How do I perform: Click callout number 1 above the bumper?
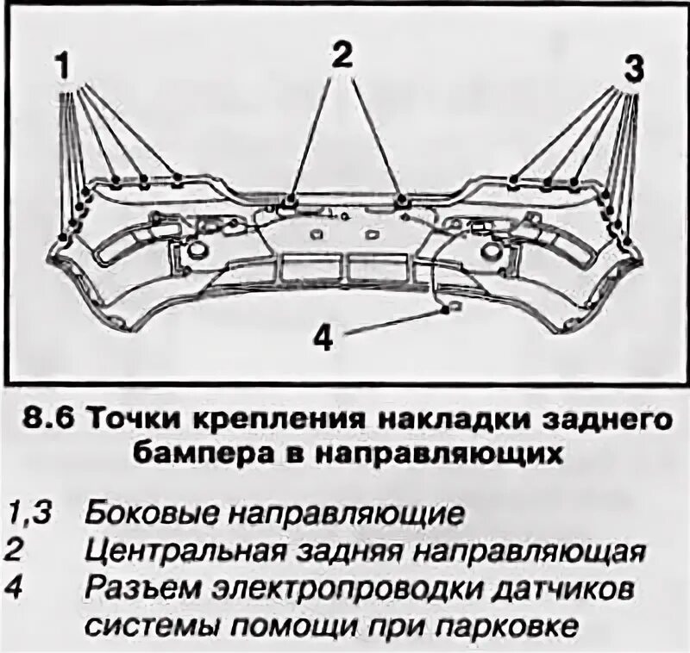63,65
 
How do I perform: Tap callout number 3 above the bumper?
633,69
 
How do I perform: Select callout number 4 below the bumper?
323,338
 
